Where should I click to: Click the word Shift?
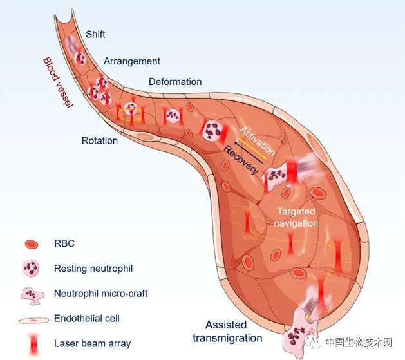coord(95,34)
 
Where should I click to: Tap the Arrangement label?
coord(132,61)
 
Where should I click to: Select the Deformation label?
coord(175,82)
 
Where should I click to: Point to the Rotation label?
coord(100,140)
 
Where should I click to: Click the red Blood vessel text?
coord(58,82)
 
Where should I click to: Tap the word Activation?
coord(257,141)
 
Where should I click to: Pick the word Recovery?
coord(241,160)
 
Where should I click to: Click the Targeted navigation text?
coord(296,218)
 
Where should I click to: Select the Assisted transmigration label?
coord(227,331)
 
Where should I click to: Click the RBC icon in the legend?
coord(32,244)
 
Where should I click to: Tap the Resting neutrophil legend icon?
coord(31,269)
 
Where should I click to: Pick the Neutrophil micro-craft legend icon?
coord(32,296)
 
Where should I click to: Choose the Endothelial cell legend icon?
coord(34,320)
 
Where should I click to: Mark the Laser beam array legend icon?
coord(33,344)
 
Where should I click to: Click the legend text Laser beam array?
coord(93,343)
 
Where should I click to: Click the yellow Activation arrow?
coord(252,148)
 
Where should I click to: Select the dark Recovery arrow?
coord(249,152)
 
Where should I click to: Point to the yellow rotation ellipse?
coord(130,114)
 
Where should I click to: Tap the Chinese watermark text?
coord(359,342)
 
